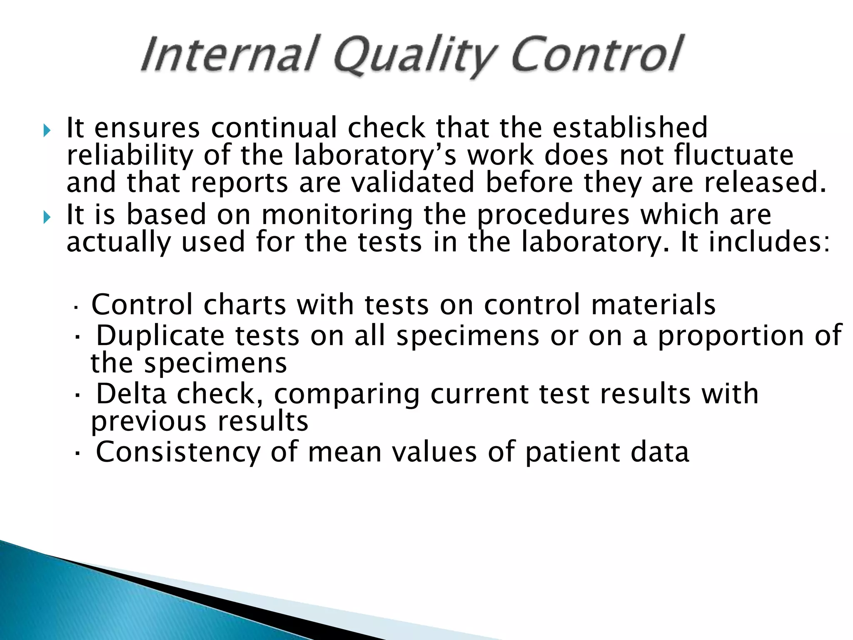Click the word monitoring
pos(337,215)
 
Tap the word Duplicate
pos(160,336)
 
